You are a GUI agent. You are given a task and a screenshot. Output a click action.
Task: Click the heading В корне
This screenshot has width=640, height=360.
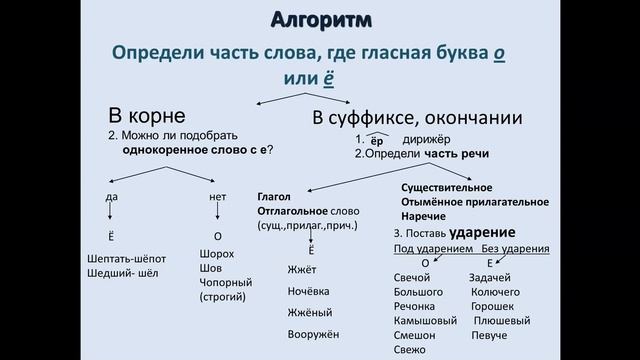(x=147, y=115)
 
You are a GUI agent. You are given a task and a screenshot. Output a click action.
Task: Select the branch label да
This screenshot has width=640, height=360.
(x=111, y=196)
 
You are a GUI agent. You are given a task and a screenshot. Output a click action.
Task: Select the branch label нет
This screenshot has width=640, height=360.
(x=218, y=196)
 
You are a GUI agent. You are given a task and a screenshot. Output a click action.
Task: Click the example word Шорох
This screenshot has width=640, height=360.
(x=217, y=254)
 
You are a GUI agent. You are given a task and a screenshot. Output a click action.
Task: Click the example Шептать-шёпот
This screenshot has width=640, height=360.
(x=126, y=258)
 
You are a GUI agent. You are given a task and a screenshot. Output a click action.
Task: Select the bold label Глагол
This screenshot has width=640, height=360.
(x=275, y=196)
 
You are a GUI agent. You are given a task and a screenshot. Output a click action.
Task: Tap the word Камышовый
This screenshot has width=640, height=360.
(x=425, y=321)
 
